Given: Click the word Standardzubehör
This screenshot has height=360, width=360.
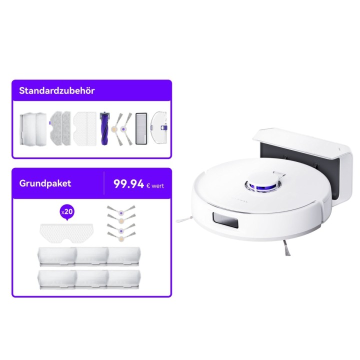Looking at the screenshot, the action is [x=56, y=90].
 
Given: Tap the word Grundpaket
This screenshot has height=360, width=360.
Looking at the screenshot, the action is [x=45, y=183].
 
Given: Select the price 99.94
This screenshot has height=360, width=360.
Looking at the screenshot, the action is [x=128, y=184].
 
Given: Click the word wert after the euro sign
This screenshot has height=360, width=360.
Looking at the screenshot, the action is [x=157, y=185].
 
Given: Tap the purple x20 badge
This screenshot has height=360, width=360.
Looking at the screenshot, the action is [x=67, y=211].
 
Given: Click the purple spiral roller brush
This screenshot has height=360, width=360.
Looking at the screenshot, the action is [x=104, y=128].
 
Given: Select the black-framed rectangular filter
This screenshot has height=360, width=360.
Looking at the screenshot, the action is [x=141, y=128].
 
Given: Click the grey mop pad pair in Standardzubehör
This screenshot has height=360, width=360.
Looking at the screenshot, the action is [x=60, y=128].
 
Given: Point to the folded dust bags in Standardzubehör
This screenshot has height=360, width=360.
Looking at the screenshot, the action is [x=33, y=128].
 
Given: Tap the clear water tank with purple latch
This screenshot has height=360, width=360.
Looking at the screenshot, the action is [x=158, y=127].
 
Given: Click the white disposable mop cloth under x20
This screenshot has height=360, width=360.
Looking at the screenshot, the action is [x=66, y=233].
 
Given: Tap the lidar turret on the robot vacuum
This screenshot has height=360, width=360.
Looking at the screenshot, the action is [x=263, y=183].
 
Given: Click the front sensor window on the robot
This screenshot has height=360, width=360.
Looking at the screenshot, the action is [x=225, y=220].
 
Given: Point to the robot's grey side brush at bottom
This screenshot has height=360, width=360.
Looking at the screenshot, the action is [x=287, y=247].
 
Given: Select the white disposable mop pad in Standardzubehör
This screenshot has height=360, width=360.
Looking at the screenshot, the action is [x=85, y=128].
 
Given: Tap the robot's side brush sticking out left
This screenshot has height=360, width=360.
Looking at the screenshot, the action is [x=184, y=219].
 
